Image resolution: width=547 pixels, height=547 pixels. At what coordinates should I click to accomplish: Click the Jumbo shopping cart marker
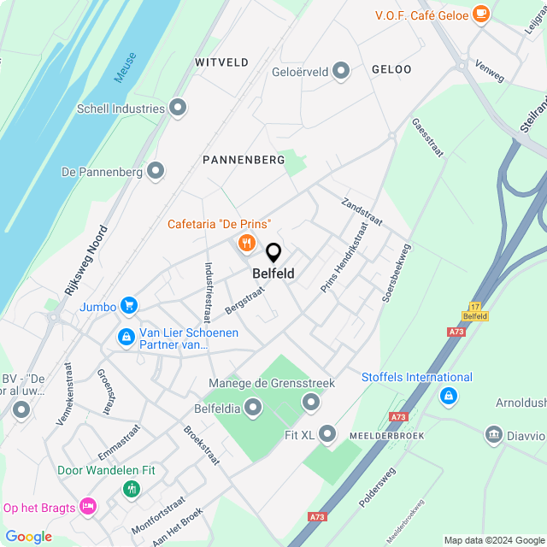pyautogui.click(x=129, y=305)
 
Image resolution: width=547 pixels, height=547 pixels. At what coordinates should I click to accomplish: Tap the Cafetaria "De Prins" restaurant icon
pyautogui.click(x=247, y=244)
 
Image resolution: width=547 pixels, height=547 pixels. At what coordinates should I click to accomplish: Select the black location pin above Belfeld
pyautogui.click(x=273, y=253)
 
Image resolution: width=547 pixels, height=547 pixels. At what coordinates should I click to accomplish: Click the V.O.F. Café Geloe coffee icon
pyautogui.click(x=481, y=13)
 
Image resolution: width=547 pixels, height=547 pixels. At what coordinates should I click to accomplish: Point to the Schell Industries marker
pyautogui.click(x=178, y=108)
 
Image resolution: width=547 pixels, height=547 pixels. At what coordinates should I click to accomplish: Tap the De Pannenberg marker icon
pyautogui.click(x=156, y=171)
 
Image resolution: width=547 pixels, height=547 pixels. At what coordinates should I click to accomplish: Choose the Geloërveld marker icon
pyautogui.click(x=342, y=71)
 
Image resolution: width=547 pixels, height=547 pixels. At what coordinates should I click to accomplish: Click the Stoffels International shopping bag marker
pyautogui.click(x=448, y=396)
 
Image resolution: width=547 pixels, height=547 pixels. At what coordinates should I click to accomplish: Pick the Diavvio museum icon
pyautogui.click(x=493, y=435)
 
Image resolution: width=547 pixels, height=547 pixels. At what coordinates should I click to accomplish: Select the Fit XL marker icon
pyautogui.click(x=326, y=434)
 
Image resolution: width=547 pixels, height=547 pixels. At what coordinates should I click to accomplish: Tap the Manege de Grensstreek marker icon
pyautogui.click(x=311, y=402)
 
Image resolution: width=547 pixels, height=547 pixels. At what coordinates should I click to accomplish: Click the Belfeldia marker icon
pyautogui.click(x=253, y=409)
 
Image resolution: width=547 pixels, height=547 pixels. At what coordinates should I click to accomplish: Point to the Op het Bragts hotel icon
pyautogui.click(x=87, y=507)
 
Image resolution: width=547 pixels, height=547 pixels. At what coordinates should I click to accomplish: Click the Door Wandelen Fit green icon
pyautogui.click(x=131, y=489)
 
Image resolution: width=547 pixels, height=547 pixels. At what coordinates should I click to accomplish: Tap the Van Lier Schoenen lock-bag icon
pyautogui.click(x=126, y=338)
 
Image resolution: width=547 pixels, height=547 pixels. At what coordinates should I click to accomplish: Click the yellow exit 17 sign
pyautogui.click(x=476, y=311)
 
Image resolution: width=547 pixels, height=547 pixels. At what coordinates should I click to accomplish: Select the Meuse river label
pyautogui.click(x=125, y=67)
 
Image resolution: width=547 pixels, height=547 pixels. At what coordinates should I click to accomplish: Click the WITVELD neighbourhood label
pyautogui.click(x=221, y=62)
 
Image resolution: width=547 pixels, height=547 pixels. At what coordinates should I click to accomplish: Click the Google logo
pyautogui.click(x=28, y=537)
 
